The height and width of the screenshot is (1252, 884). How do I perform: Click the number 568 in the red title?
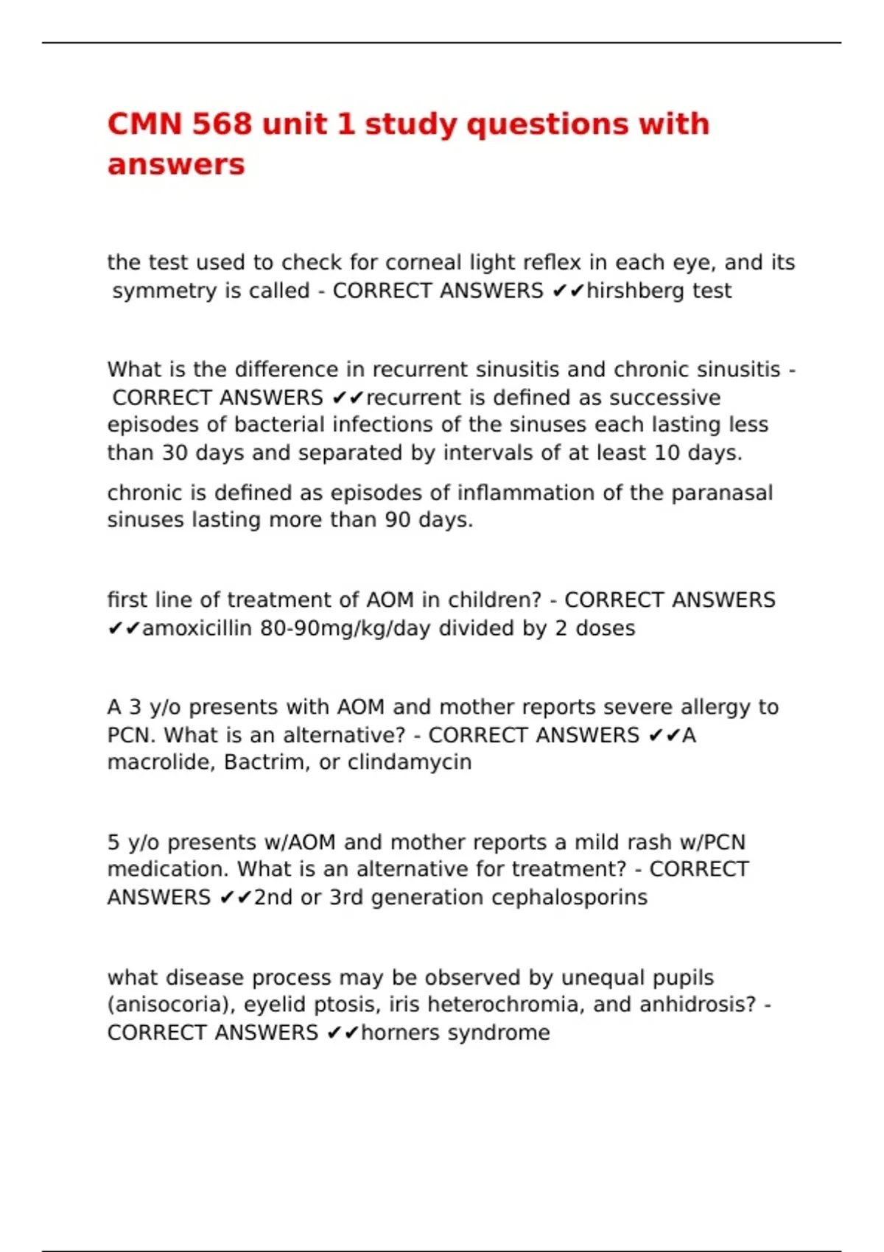click(222, 124)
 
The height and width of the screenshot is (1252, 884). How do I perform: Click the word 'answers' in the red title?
click(175, 164)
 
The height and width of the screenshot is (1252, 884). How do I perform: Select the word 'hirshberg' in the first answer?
click(625, 291)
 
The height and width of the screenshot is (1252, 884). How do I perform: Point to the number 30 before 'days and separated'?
click(175, 452)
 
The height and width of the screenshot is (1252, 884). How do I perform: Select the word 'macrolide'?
click(161, 762)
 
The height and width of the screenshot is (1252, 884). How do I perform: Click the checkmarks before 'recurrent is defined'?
click(348, 398)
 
